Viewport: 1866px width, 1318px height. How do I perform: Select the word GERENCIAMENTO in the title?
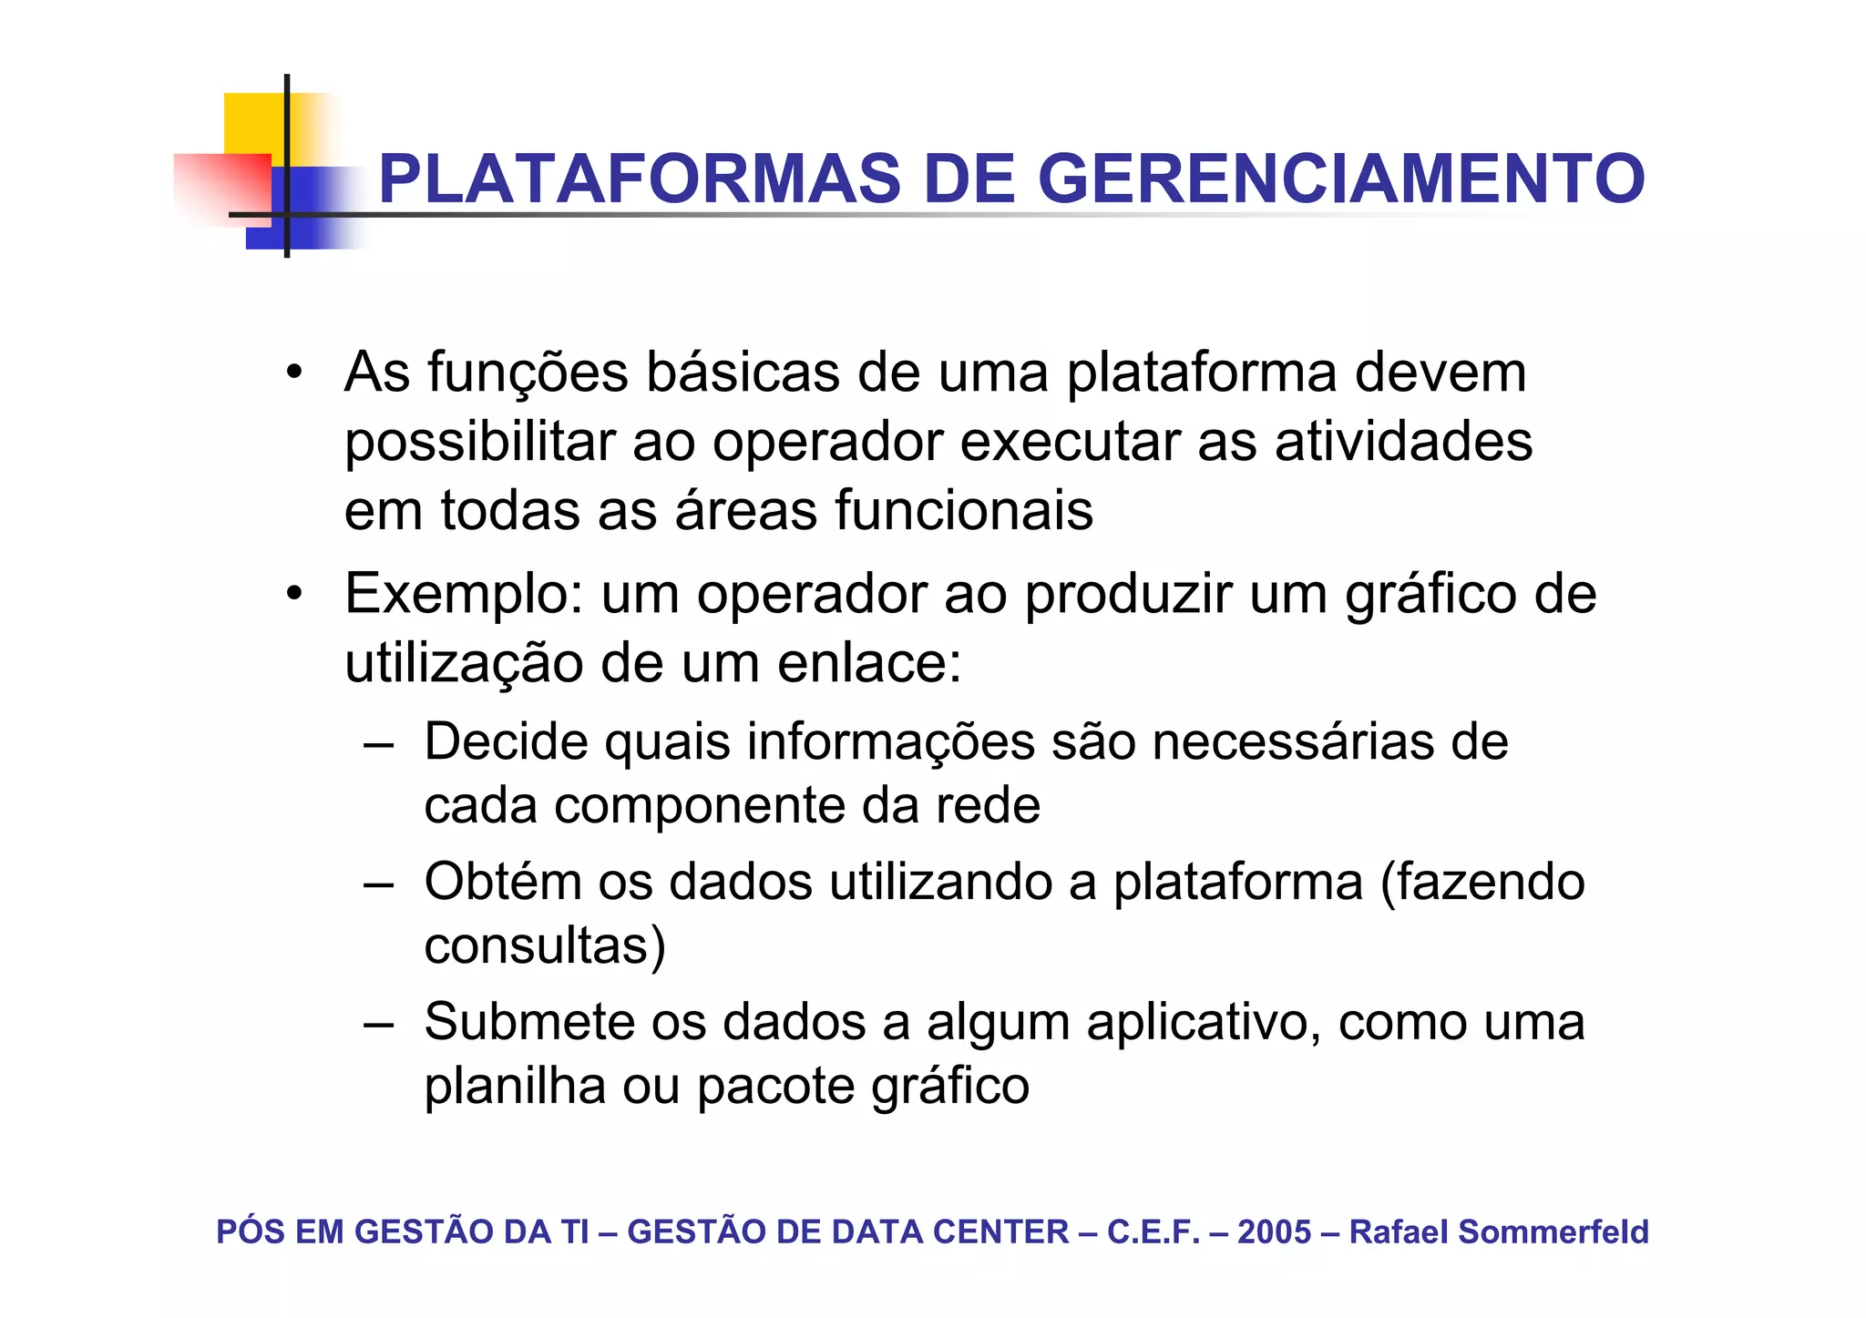click(x=1341, y=179)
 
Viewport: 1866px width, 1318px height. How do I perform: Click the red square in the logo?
click(x=223, y=187)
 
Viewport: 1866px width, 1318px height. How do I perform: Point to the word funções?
click(x=528, y=373)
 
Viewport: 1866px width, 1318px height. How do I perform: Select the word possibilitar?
click(x=480, y=443)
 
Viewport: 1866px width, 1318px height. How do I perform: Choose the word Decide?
click(x=507, y=741)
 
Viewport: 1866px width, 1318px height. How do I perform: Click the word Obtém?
click(x=503, y=882)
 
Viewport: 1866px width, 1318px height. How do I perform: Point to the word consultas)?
click(x=545, y=945)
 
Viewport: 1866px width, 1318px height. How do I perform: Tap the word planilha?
click(x=515, y=1086)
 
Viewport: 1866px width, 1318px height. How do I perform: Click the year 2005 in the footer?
click(x=1274, y=1231)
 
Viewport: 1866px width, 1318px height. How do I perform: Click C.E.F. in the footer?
click(x=1153, y=1231)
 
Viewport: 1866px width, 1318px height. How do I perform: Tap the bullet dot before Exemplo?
click(x=292, y=595)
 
